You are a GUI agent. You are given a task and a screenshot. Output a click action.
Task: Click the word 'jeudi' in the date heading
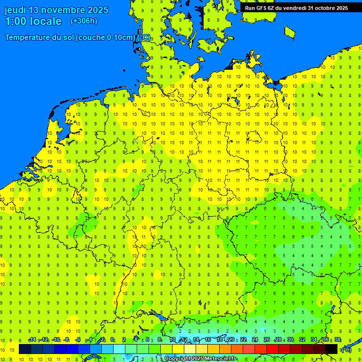click(x=15, y=10)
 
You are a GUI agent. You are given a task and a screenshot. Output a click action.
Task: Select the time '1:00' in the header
click(x=15, y=21)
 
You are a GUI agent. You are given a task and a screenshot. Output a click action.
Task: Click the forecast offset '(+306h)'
click(x=84, y=21)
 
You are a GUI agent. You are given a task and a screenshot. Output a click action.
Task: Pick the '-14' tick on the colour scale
click(x=32, y=340)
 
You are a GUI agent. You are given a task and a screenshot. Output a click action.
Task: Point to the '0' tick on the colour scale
click(x=112, y=340)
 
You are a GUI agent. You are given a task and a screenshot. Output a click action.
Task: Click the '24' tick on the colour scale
click(x=255, y=340)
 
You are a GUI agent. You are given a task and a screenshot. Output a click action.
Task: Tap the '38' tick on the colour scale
click(x=337, y=340)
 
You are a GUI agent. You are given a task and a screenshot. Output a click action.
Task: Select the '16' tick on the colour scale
click(x=207, y=340)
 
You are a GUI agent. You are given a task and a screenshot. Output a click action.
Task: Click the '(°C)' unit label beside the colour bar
click(x=346, y=350)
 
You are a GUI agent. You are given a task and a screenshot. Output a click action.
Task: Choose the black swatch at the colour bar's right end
click(x=331, y=349)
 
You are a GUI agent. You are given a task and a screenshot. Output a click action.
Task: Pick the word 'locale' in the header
click(x=46, y=21)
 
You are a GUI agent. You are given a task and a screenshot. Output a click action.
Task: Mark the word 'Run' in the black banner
click(x=250, y=8)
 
